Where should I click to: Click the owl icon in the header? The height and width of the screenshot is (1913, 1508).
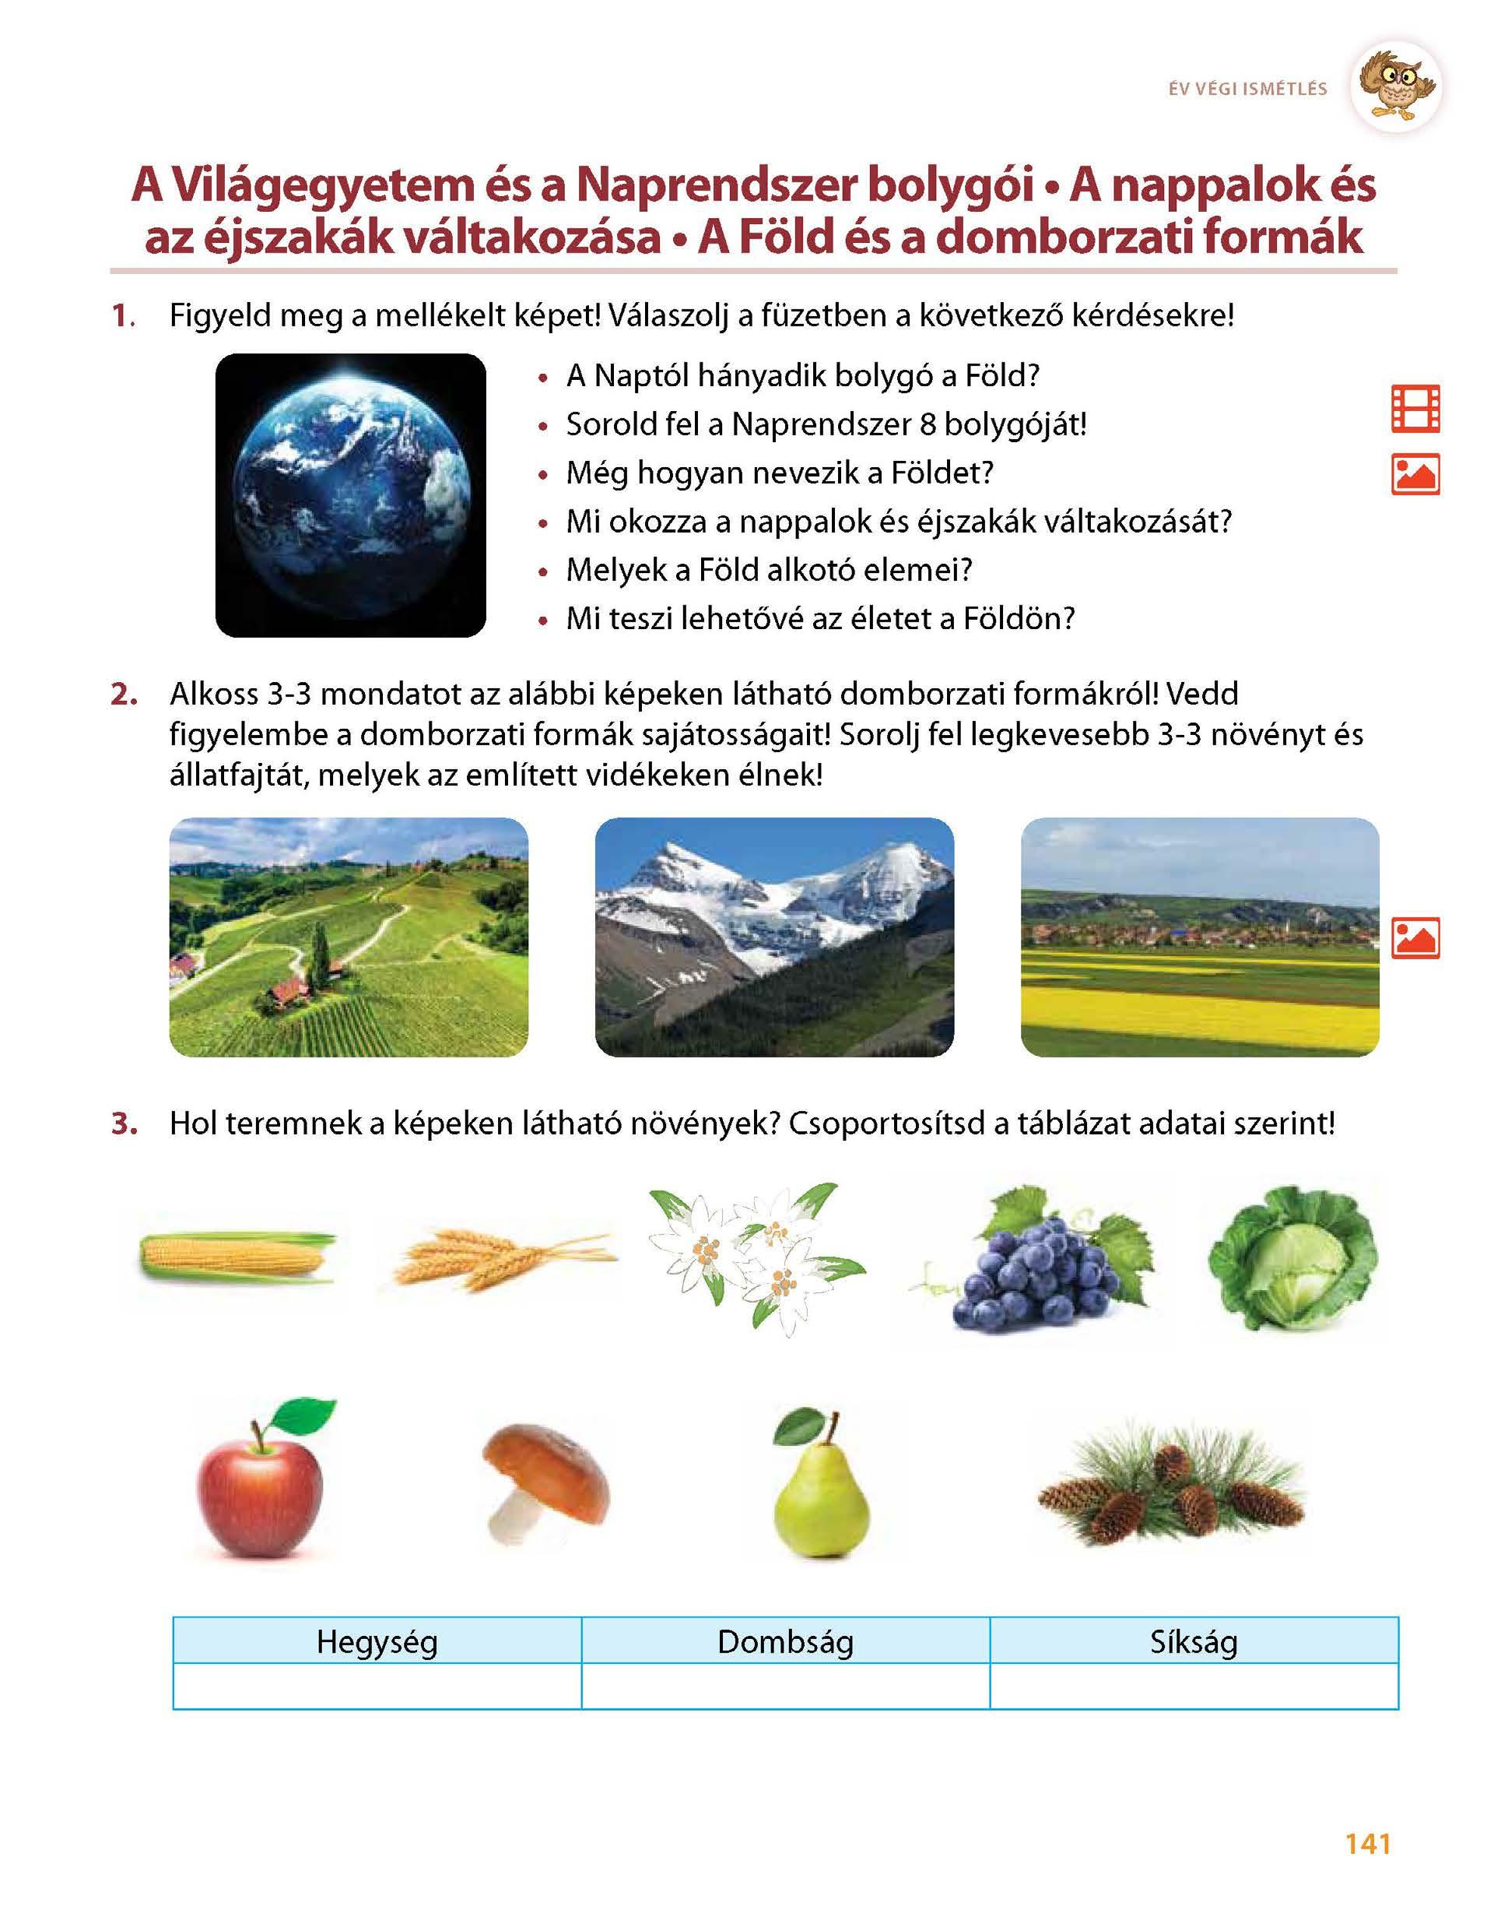(x=1396, y=86)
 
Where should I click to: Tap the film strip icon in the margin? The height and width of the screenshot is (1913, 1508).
(x=1415, y=409)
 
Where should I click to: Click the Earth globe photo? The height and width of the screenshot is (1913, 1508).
(x=350, y=494)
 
